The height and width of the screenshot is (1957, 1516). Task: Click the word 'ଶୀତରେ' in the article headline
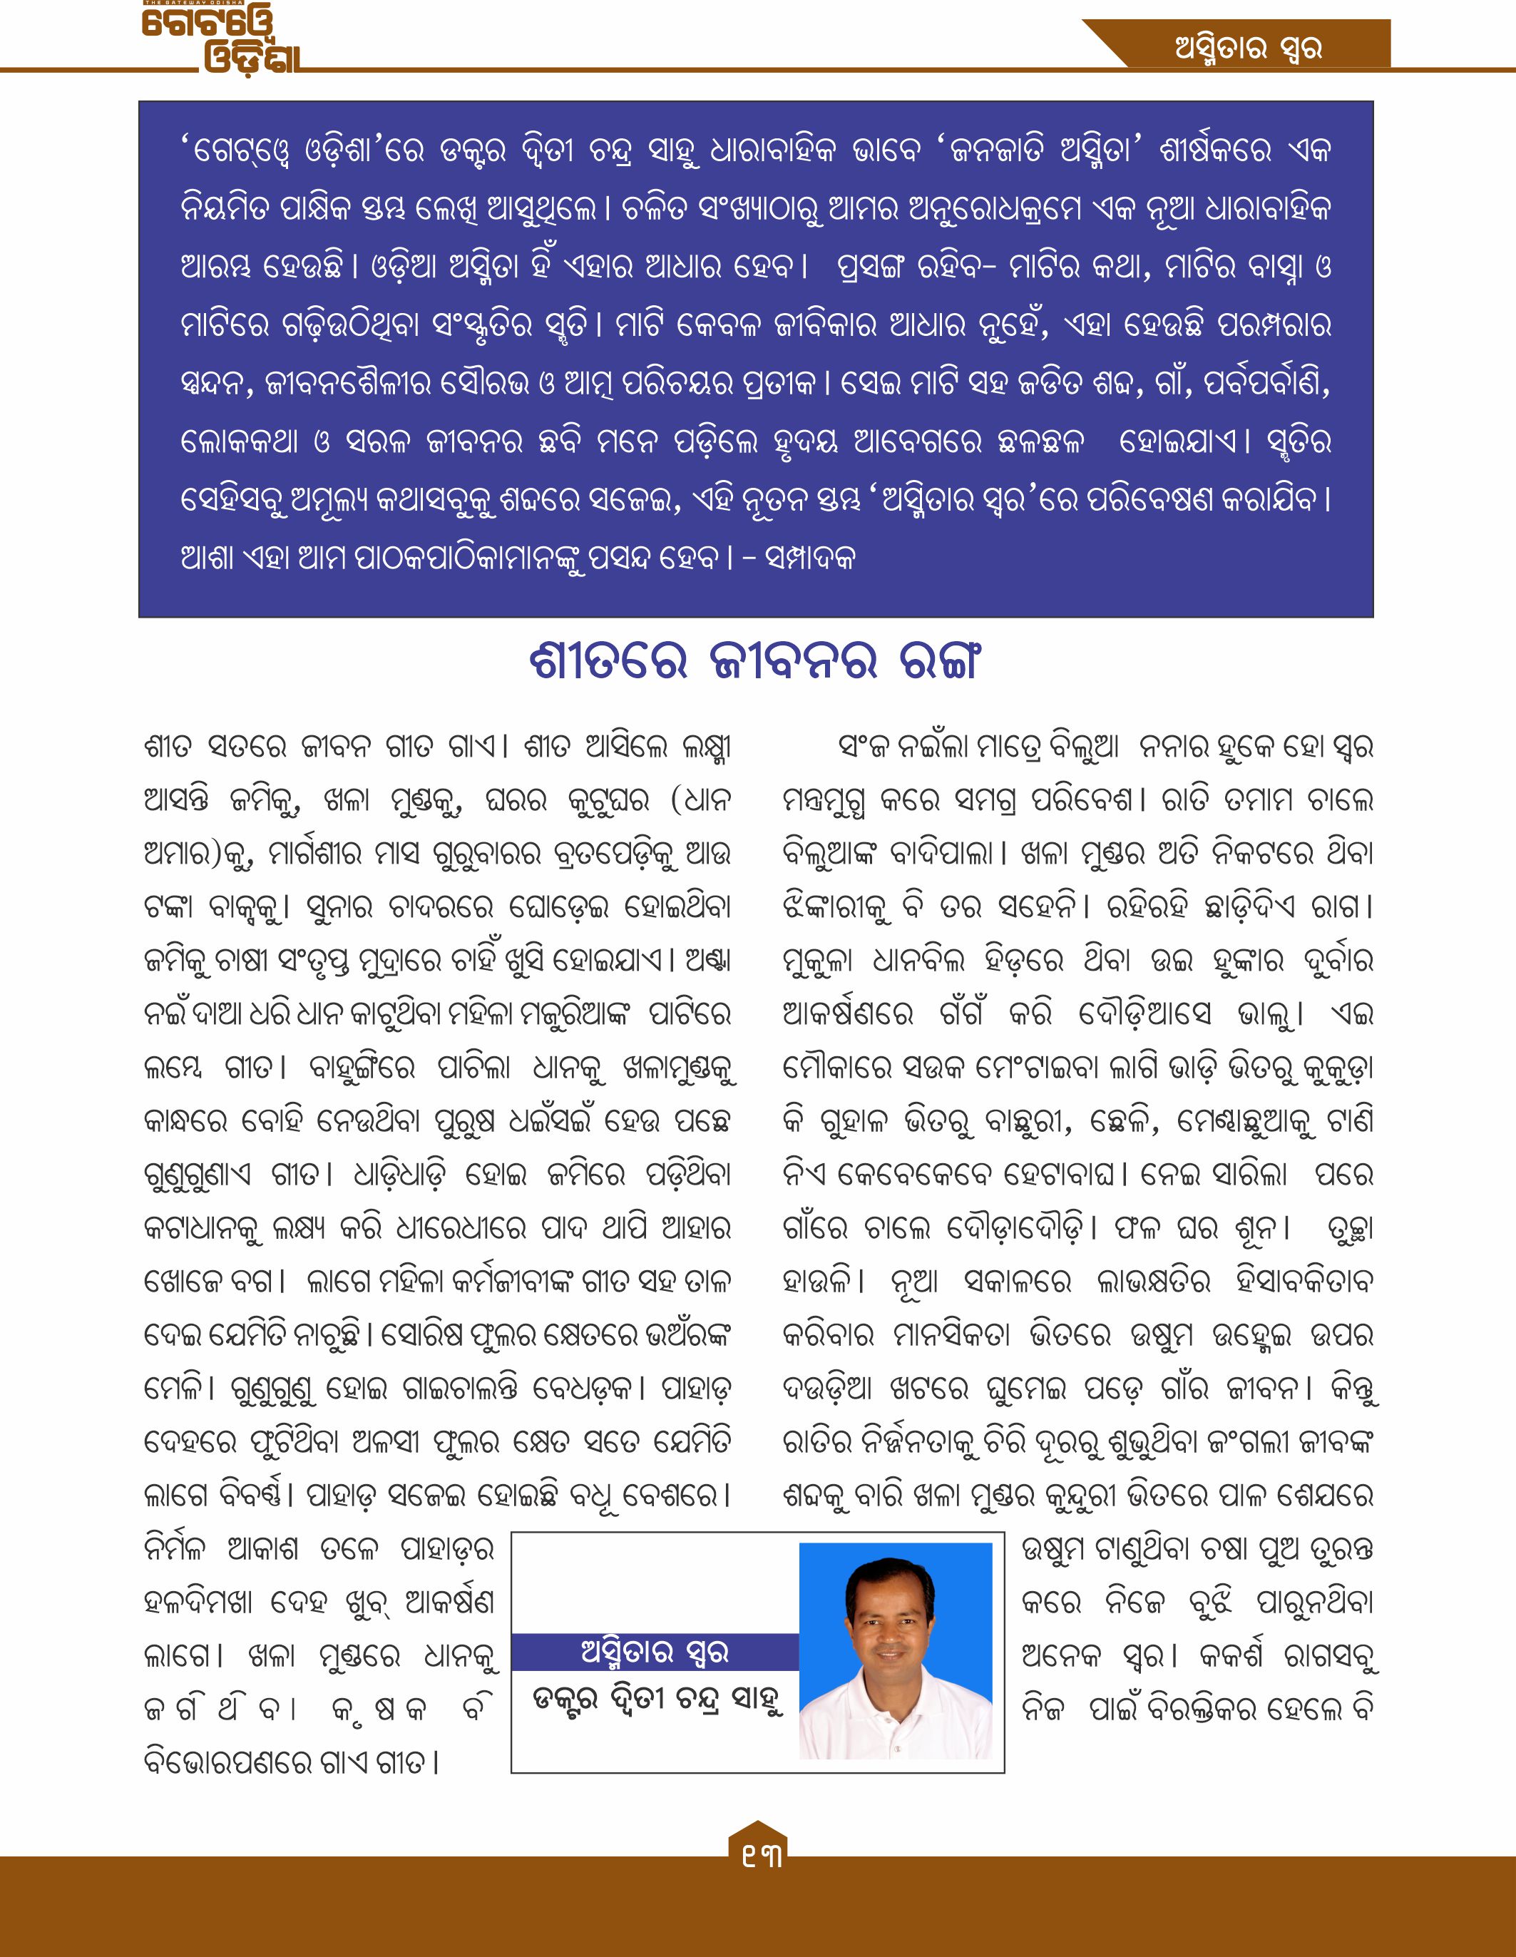(x=608, y=661)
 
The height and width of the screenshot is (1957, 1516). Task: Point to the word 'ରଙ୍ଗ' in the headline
(x=937, y=661)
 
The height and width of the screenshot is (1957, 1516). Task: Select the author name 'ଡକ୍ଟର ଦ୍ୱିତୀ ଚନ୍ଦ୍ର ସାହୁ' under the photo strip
(x=657, y=1700)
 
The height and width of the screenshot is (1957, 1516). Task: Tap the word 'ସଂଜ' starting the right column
(x=863, y=747)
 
